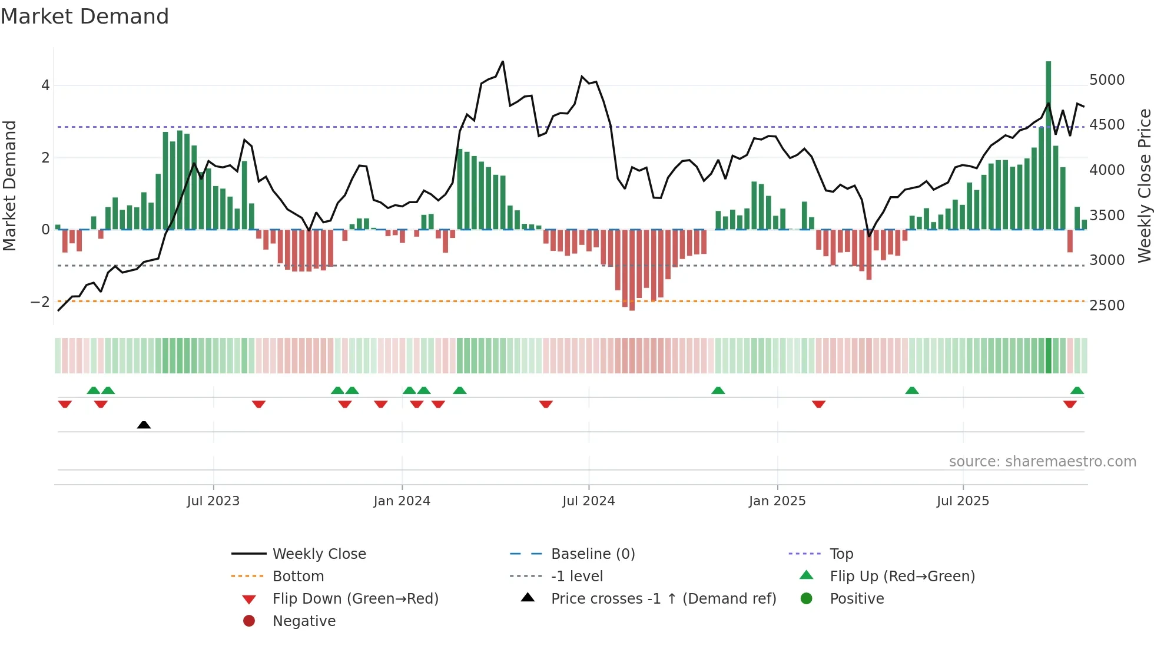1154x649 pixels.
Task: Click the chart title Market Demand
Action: tap(85, 16)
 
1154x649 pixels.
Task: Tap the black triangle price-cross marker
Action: tap(144, 425)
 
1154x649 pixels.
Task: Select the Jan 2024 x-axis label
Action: tap(402, 501)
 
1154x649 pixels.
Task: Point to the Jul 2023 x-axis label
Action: tap(213, 501)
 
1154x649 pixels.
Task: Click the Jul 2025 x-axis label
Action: tap(963, 501)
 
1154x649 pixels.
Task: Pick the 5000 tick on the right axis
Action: tap(1107, 80)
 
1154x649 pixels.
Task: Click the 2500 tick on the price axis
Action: tap(1107, 306)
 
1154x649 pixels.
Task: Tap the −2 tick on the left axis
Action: tap(40, 302)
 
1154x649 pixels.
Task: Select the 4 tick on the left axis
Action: tap(45, 85)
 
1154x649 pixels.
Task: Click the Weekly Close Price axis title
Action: tap(1144, 186)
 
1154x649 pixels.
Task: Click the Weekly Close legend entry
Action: tap(319, 554)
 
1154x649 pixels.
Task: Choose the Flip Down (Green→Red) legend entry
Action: tap(355, 599)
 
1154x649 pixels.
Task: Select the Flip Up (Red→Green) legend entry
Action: tap(902, 577)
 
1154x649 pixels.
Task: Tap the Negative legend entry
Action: tap(304, 621)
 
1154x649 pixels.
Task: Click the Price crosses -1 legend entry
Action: tap(663, 599)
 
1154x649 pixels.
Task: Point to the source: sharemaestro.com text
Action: tap(1042, 462)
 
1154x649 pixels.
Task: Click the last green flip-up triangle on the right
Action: tap(1077, 390)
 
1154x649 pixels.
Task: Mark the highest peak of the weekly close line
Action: tap(503, 61)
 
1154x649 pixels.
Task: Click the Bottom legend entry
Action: tap(298, 577)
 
